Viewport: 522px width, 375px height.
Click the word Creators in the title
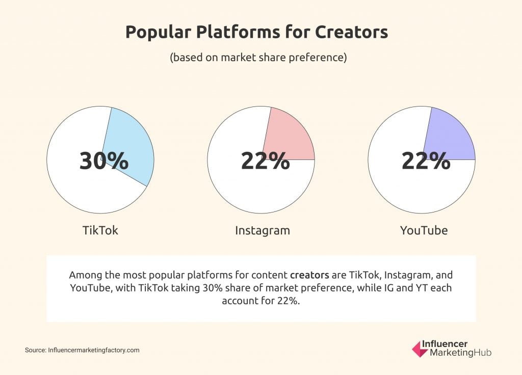pos(351,32)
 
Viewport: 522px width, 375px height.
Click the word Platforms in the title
pos(238,32)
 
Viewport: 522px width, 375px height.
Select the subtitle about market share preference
pos(258,58)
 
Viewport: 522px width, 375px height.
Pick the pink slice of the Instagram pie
pos(290,137)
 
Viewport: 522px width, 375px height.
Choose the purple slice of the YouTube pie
pos(451,137)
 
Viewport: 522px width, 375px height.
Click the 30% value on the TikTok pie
pos(104,160)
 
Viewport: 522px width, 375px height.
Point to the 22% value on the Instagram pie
pos(265,160)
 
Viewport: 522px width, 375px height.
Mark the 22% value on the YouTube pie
pos(426,160)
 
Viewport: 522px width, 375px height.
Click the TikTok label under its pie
pos(100,230)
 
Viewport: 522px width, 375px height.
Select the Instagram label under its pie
pos(263,230)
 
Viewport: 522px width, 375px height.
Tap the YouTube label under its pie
pos(424,230)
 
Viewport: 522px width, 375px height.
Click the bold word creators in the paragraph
pos(309,275)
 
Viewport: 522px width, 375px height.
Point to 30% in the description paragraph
pos(213,288)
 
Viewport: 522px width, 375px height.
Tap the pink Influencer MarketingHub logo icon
pos(419,349)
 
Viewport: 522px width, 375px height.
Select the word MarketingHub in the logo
pos(461,353)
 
